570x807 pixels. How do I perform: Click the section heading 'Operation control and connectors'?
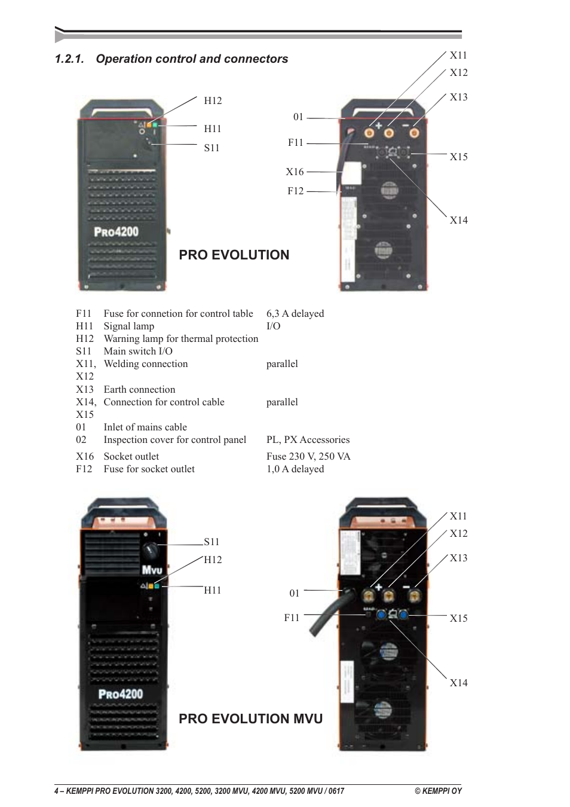point(192,59)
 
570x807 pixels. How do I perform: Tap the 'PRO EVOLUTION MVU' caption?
point(250,719)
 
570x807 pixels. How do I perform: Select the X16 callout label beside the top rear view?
point(295,172)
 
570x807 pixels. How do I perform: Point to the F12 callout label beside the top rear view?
point(295,191)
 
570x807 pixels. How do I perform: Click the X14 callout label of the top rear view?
point(458,220)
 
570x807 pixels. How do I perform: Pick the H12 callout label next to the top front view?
point(213,100)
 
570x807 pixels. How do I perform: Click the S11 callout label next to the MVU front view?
point(212,542)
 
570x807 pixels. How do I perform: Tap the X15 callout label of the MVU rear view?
point(458,618)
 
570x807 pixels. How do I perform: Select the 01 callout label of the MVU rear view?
point(294,593)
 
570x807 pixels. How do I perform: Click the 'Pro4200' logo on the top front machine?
point(116,231)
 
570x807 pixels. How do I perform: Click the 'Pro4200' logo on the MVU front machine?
point(121,694)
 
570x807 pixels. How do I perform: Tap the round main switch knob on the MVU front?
point(149,551)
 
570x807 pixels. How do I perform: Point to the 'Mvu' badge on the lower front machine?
point(151,570)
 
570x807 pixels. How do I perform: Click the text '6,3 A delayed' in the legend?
point(295,313)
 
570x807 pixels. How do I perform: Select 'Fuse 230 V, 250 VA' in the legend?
point(308,456)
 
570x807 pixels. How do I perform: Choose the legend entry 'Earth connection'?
point(139,389)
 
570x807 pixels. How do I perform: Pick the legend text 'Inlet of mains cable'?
point(145,427)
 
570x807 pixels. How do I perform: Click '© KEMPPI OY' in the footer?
point(438,791)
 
